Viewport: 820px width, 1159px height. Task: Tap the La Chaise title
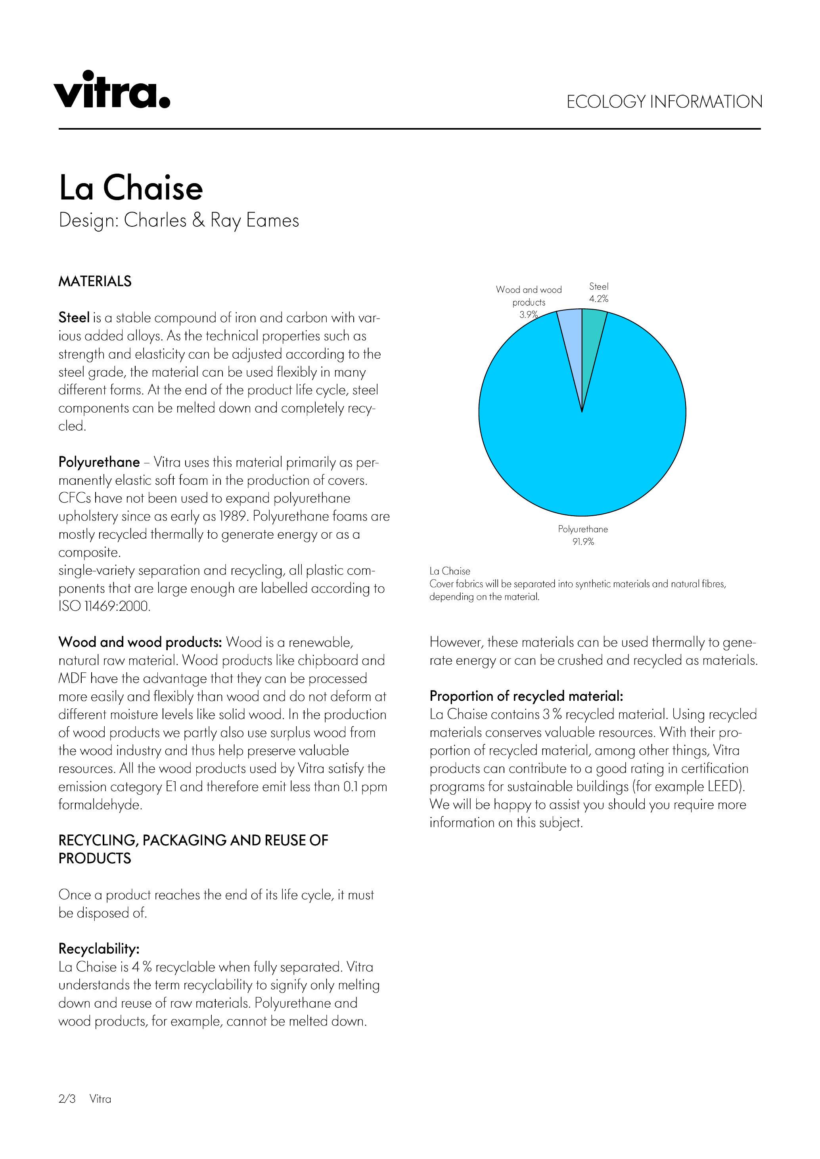tap(131, 188)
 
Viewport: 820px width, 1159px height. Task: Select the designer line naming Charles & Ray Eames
tap(179, 221)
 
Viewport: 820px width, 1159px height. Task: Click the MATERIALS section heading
tap(95, 282)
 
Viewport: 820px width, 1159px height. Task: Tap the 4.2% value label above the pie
tap(599, 299)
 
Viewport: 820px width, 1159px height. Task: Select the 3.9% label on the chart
tap(528, 314)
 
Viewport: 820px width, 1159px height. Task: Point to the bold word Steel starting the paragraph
tap(74, 318)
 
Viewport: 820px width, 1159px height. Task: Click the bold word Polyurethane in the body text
tap(99, 463)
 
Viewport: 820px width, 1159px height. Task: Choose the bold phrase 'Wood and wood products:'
tap(140, 643)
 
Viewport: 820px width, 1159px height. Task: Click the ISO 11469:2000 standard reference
tap(105, 606)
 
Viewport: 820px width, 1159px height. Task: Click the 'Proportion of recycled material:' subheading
tap(526, 696)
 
